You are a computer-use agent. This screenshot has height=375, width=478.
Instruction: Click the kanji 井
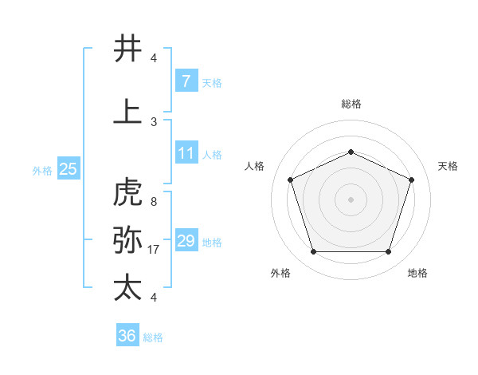click(128, 49)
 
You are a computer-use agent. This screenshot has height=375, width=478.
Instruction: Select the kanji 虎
click(128, 192)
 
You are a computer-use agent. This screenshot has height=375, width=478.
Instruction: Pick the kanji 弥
click(128, 239)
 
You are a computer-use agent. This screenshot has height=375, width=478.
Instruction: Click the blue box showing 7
click(186, 81)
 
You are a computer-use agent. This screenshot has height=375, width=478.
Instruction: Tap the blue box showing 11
click(186, 153)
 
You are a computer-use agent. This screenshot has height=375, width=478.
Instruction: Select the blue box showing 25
click(68, 169)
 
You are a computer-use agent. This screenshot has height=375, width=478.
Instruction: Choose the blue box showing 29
click(186, 241)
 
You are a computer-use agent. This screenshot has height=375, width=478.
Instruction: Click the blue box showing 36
click(127, 336)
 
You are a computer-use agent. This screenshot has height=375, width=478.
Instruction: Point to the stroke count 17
click(154, 250)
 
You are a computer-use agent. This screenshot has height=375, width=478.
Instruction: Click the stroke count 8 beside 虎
click(153, 202)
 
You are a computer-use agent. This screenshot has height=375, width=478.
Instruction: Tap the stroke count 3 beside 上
click(153, 122)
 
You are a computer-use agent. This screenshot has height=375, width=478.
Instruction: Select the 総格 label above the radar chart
click(351, 104)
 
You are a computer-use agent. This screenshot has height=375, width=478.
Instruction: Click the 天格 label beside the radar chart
click(448, 166)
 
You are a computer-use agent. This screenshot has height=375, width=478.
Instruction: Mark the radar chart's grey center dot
click(351, 199)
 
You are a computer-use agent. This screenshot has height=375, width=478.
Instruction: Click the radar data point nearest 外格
click(313, 252)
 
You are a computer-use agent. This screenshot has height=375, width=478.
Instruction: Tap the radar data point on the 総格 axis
click(351, 152)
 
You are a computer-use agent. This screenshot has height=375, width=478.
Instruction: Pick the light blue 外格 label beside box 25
click(42, 170)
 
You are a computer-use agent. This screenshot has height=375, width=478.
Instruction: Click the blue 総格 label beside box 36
click(153, 337)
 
